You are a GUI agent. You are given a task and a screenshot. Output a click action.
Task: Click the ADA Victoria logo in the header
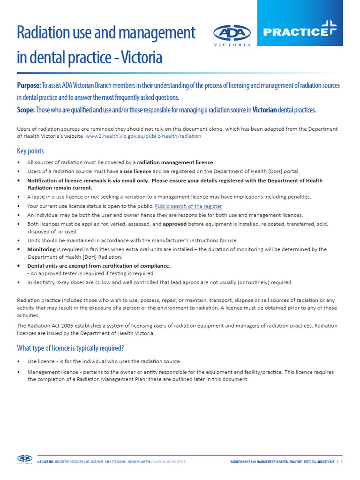click(x=232, y=34)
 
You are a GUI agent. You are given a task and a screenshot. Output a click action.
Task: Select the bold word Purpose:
click(x=29, y=86)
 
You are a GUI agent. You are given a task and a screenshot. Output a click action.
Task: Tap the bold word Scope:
click(x=26, y=110)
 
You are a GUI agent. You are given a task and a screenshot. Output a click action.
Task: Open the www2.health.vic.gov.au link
click(x=143, y=136)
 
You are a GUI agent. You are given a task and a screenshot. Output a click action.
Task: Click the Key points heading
click(x=30, y=151)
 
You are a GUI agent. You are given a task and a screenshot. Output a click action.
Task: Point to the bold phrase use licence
click(x=137, y=171)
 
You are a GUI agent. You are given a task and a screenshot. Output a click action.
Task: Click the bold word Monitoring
click(x=41, y=249)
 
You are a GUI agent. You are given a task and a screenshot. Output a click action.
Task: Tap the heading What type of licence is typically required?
click(x=70, y=348)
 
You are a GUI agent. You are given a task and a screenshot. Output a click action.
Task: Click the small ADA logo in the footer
click(x=25, y=459)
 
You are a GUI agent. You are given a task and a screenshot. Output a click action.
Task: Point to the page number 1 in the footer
click(x=342, y=462)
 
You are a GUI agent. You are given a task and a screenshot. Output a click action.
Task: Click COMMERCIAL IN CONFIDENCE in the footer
click(x=168, y=462)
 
